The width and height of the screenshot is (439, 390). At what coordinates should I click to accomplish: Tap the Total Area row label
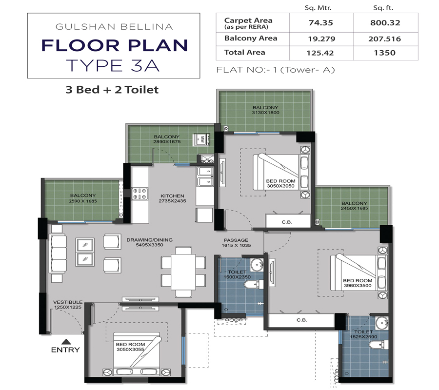(244, 52)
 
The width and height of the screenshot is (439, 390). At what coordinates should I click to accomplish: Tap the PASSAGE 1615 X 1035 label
(236, 243)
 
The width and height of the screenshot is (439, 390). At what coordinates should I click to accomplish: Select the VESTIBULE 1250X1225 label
(68, 305)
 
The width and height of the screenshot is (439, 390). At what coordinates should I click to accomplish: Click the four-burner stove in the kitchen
(140, 194)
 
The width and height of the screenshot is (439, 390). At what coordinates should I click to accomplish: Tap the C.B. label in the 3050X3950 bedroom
(287, 222)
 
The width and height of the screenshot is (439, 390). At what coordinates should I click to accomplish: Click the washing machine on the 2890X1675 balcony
(201, 139)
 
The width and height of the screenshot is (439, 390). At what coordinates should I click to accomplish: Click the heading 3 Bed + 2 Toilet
(113, 90)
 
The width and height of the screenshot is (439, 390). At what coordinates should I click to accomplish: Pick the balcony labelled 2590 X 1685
(82, 198)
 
